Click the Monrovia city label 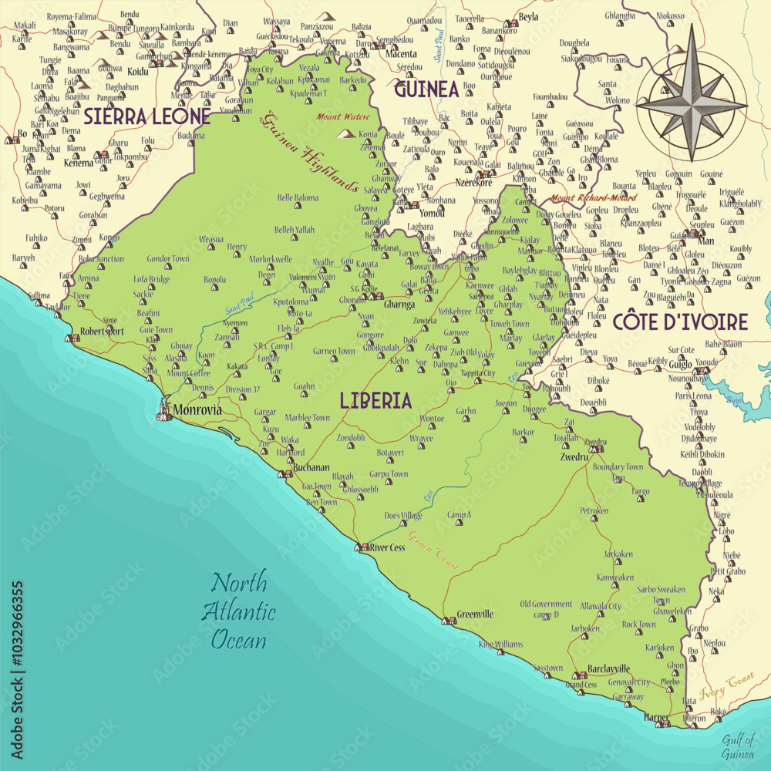click(198, 410)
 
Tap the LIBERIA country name click(375, 400)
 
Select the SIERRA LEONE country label click(146, 116)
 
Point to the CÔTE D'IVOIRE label click(680, 322)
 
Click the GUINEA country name click(426, 89)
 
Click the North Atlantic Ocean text click(239, 609)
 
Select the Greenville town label click(475, 614)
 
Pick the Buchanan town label click(311, 467)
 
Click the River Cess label click(387, 547)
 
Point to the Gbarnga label click(399, 305)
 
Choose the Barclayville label click(608, 668)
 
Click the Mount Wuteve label click(343, 117)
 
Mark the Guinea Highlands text click(312, 153)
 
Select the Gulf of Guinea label click(737, 746)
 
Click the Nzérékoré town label click(474, 183)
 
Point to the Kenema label click(78, 163)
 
